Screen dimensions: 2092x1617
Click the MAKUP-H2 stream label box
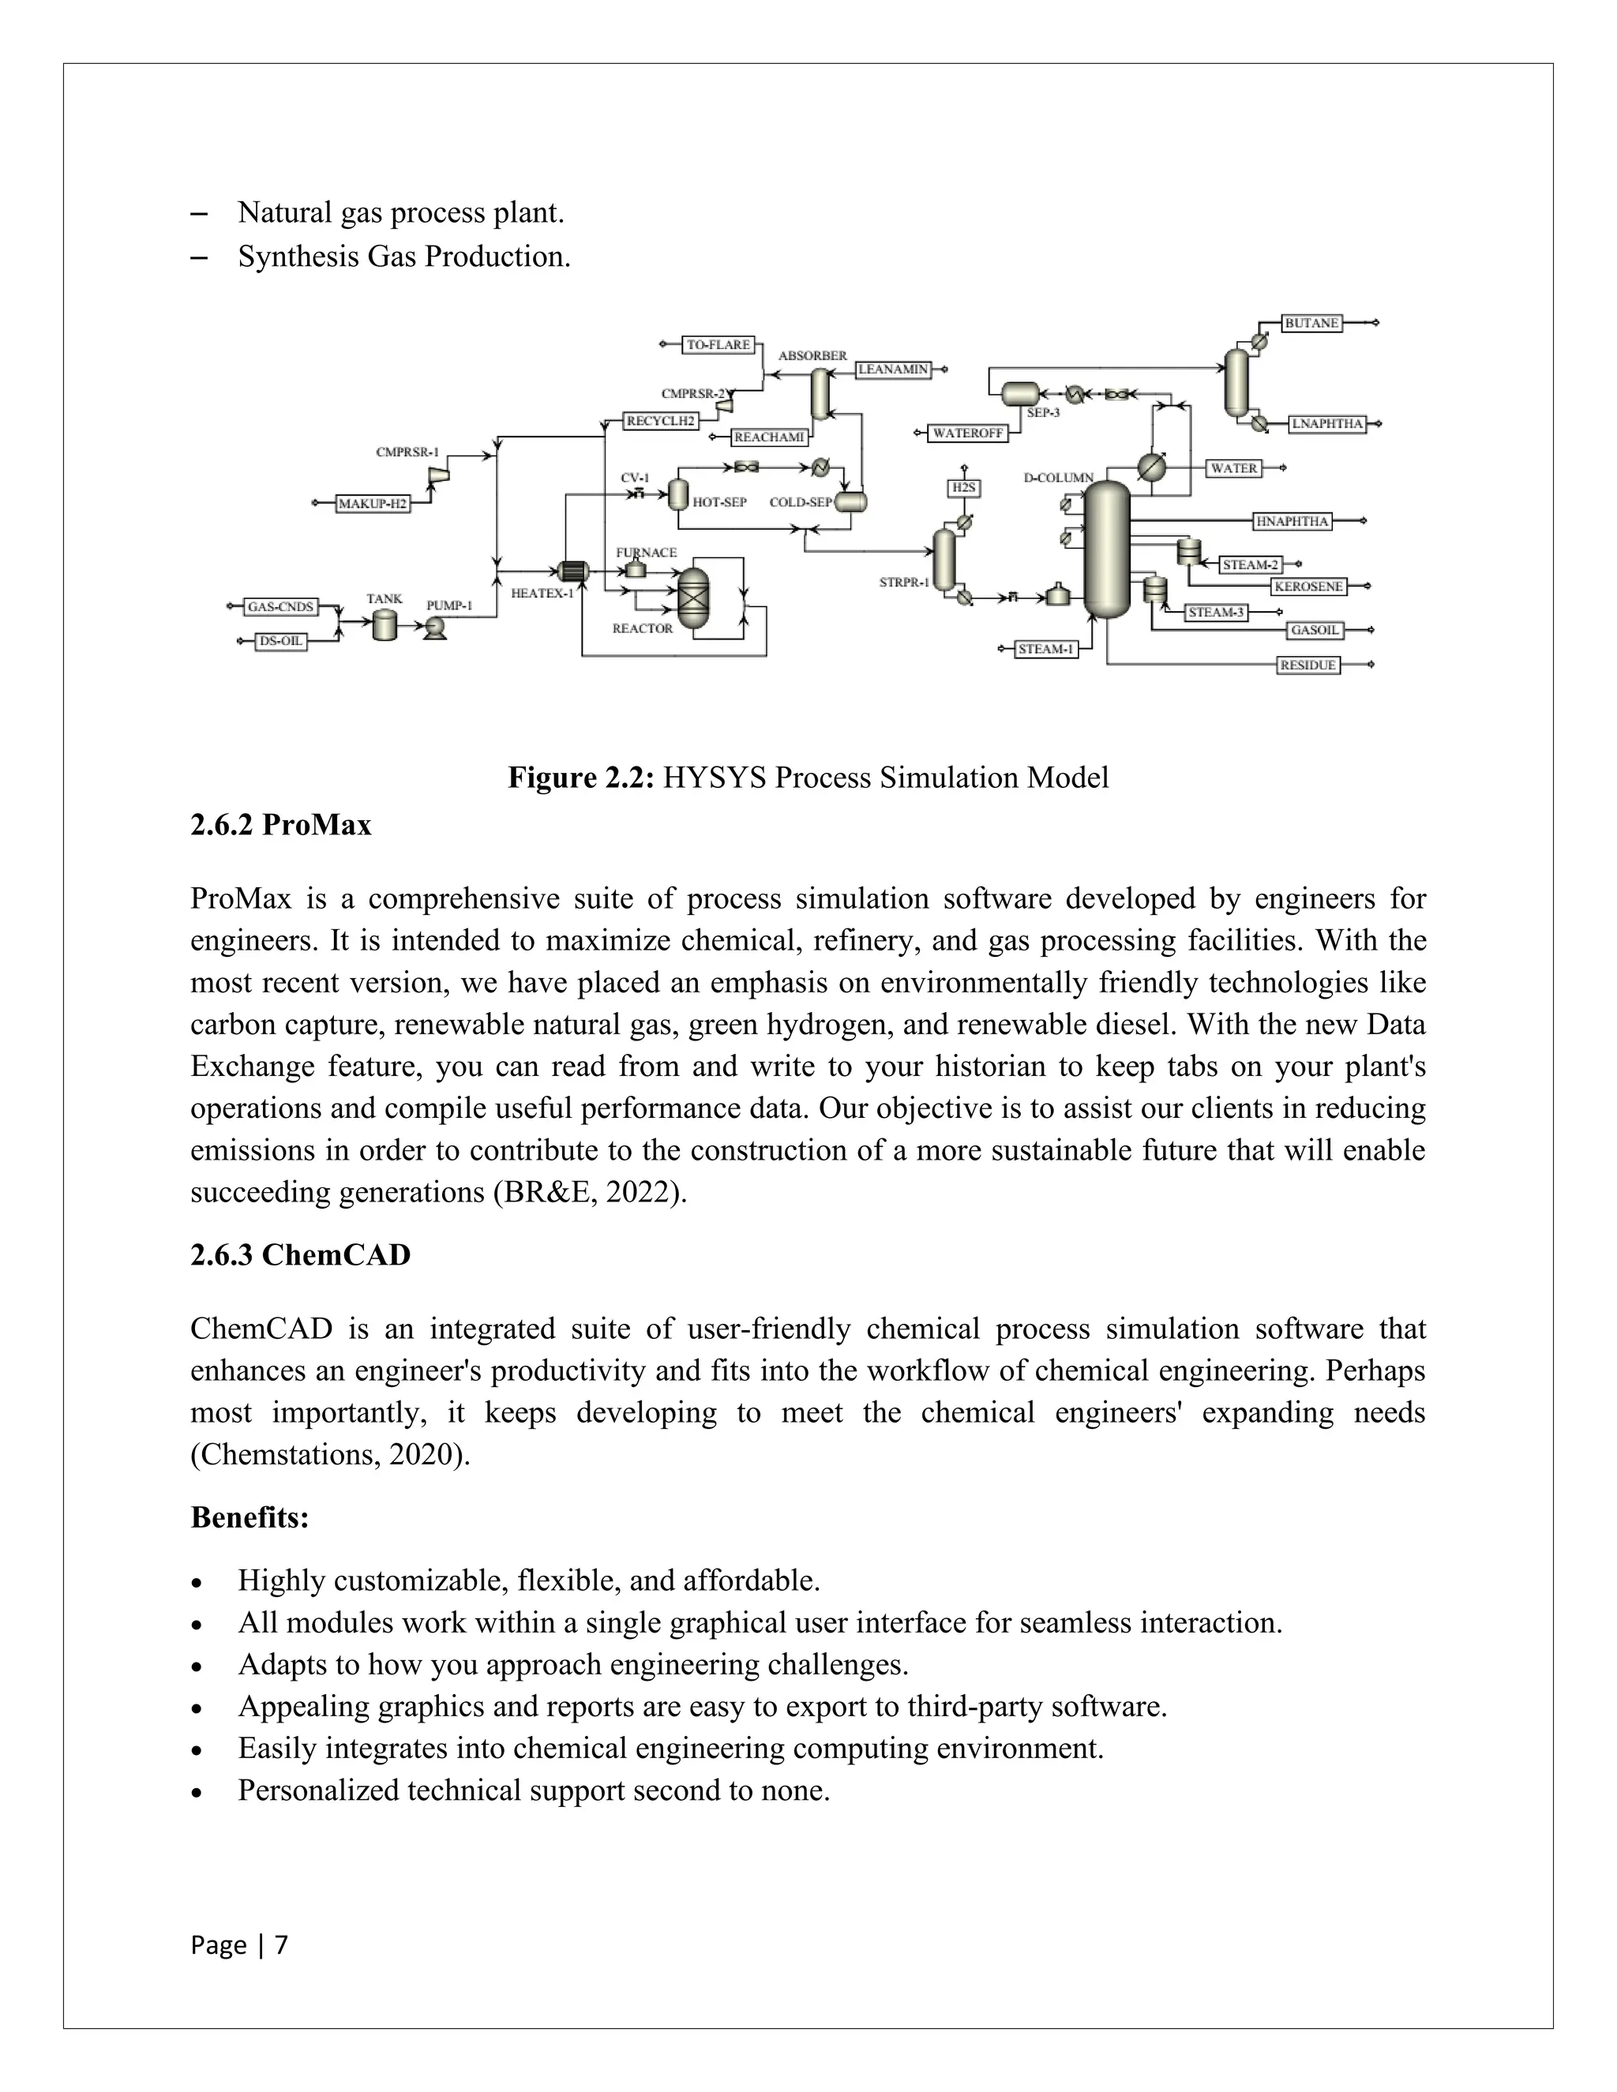click(373, 504)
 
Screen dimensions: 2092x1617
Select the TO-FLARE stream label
click(718, 345)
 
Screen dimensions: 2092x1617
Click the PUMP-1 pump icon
click(435, 627)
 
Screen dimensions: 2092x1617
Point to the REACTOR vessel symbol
click(692, 598)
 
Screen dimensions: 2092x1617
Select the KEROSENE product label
click(1308, 587)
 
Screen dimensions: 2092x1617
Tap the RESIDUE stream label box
click(1308, 665)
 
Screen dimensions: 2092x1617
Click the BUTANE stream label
click(1311, 324)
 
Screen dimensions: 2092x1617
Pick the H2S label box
click(964, 489)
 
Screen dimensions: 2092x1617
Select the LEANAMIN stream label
click(893, 369)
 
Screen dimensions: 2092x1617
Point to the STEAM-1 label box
click(1046, 650)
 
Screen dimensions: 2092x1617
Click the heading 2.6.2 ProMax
click(280, 825)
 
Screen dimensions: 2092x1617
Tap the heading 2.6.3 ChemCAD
click(300, 1255)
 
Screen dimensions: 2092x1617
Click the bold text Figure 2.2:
click(580, 778)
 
